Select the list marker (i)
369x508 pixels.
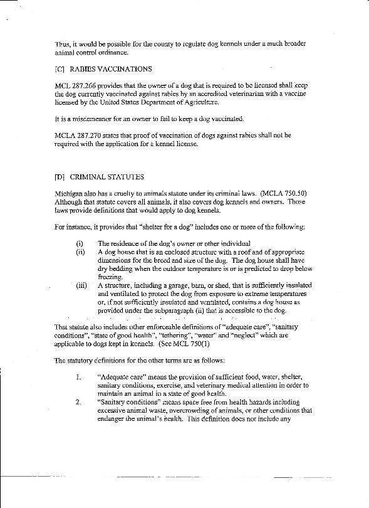click(x=79, y=243)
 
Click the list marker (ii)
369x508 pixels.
click(x=80, y=251)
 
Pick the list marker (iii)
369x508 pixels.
click(x=80, y=284)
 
